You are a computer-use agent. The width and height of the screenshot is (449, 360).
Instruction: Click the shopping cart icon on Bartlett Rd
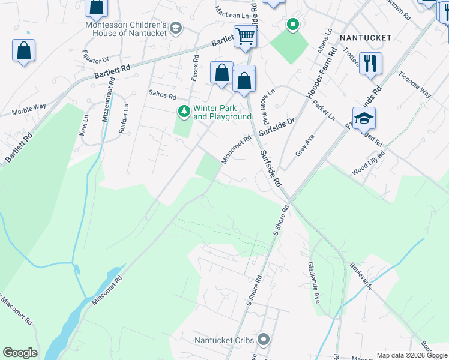click(245, 36)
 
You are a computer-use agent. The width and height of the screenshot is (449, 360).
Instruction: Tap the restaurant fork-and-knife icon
click(370, 62)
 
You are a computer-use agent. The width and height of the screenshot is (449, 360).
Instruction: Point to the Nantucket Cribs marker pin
click(264, 340)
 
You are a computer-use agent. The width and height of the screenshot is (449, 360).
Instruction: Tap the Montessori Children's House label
click(126, 29)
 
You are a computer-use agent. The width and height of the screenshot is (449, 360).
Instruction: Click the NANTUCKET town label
click(366, 38)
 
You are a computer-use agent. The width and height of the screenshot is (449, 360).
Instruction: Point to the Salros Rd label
click(162, 96)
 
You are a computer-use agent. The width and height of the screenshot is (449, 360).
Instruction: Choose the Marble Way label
click(29, 109)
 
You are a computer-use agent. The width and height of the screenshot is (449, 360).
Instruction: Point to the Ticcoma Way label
click(415, 85)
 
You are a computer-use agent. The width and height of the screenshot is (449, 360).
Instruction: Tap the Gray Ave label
click(305, 146)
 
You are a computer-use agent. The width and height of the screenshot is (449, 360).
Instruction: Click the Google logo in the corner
click(20, 353)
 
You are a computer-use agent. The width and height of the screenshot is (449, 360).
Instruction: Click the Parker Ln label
click(324, 110)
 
